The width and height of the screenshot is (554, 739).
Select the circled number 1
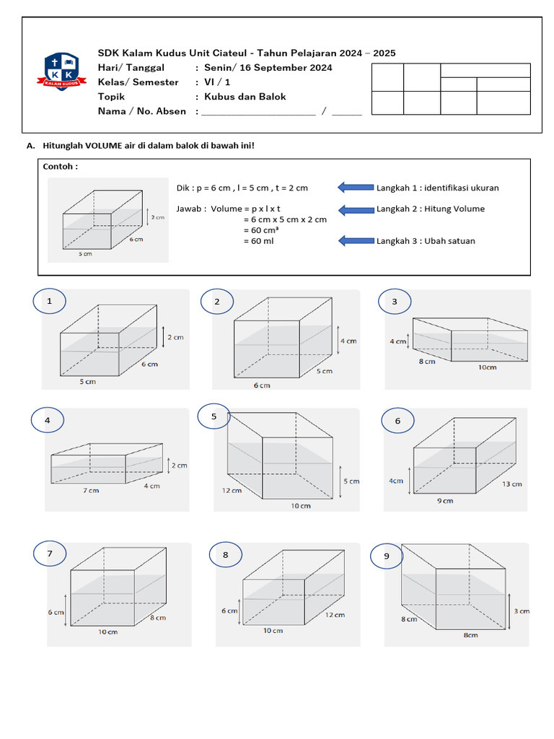50,302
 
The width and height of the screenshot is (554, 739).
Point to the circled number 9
387,556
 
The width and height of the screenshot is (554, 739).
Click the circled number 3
395,302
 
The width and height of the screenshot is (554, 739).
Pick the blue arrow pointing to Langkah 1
356,188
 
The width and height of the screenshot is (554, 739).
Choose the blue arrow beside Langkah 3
356,240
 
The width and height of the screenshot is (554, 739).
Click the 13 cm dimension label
511,484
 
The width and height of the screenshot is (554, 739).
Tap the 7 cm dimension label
90,490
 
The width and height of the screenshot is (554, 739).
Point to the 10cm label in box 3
487,367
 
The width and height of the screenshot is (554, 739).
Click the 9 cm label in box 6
444,500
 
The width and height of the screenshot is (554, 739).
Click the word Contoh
61,167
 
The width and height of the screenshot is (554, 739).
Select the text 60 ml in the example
258,240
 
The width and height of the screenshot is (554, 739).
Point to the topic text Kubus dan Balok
245,97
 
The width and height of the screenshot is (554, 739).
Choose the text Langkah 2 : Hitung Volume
431,209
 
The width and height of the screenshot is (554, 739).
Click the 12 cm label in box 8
334,615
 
